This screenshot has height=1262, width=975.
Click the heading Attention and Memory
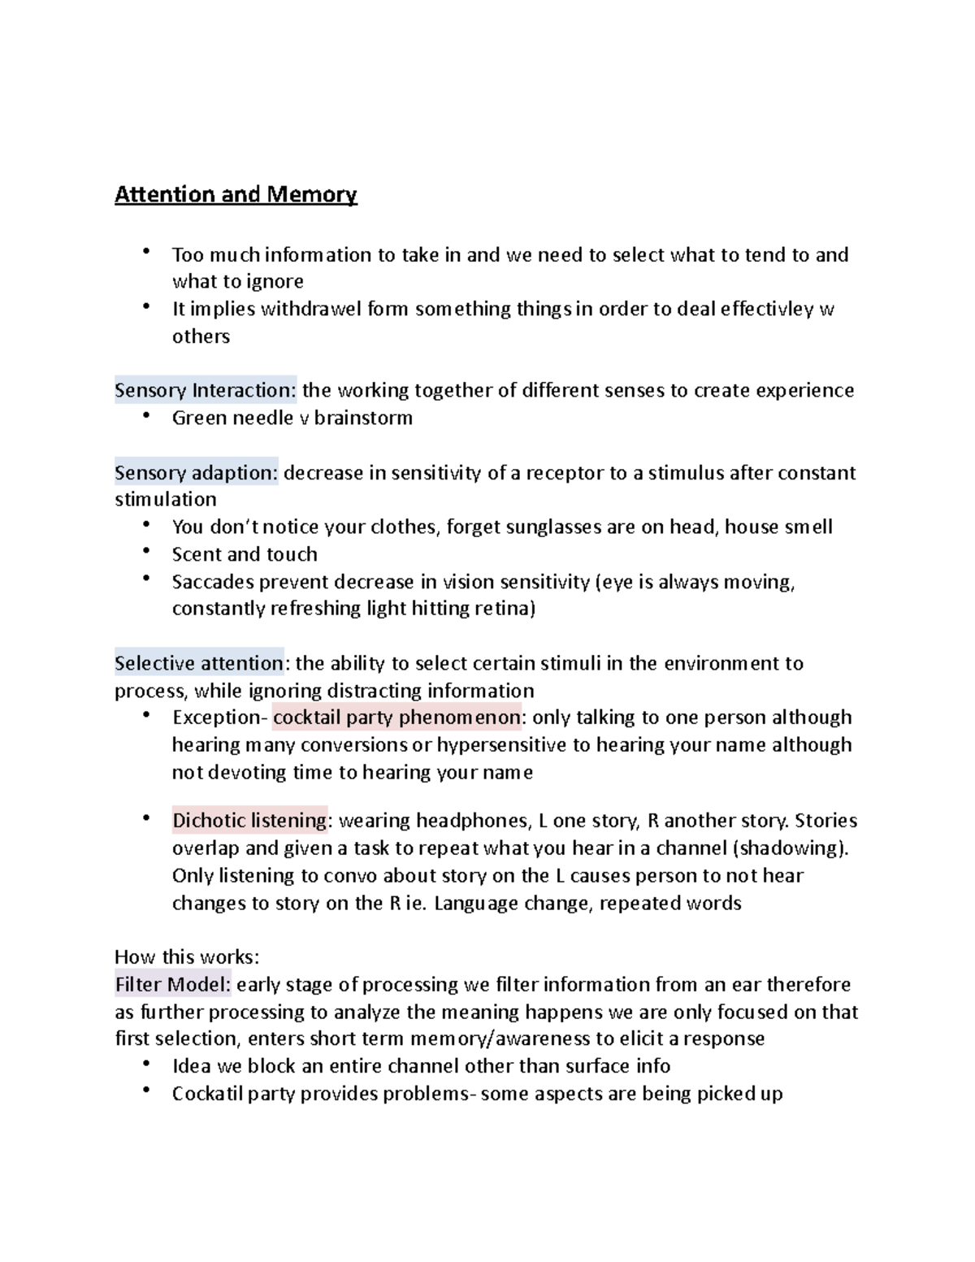[236, 195]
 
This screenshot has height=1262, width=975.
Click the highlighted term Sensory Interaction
[206, 391]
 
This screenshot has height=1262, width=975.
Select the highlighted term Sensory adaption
[196, 473]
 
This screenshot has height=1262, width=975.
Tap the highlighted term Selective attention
[199, 663]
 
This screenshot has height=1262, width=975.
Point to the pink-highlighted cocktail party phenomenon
[396, 718]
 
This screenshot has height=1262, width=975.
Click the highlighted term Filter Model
[173, 985]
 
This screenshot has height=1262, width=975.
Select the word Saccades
[210, 582]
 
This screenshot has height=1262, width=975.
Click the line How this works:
[187, 956]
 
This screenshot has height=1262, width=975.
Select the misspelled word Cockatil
[206, 1094]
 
